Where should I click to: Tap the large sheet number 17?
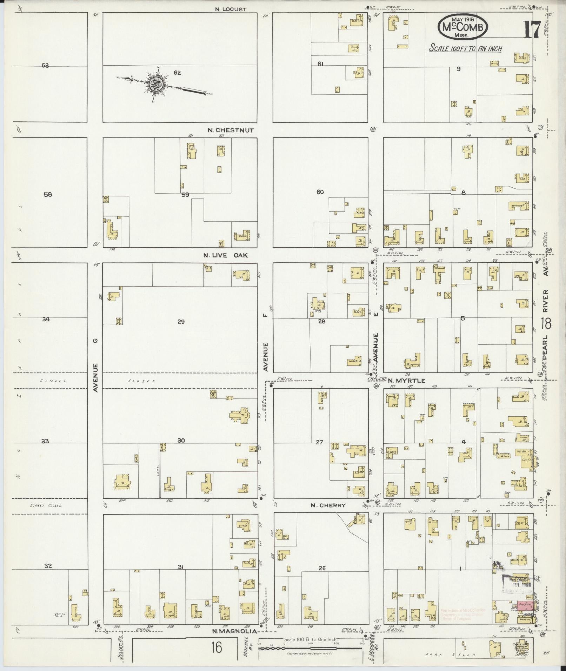tap(532, 30)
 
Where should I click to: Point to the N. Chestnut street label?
tap(230, 130)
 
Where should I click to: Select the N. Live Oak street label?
tap(226, 255)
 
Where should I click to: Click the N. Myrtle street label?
tap(407, 381)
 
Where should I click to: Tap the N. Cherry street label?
tap(328, 505)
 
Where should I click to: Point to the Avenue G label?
tap(95, 365)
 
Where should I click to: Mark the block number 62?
tap(177, 73)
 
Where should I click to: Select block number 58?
tap(48, 194)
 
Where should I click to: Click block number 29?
tap(181, 321)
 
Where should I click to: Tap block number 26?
tap(322, 568)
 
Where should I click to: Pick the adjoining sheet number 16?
tap(217, 647)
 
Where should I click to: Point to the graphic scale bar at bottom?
tap(311, 649)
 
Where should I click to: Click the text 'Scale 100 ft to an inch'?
tap(465, 48)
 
